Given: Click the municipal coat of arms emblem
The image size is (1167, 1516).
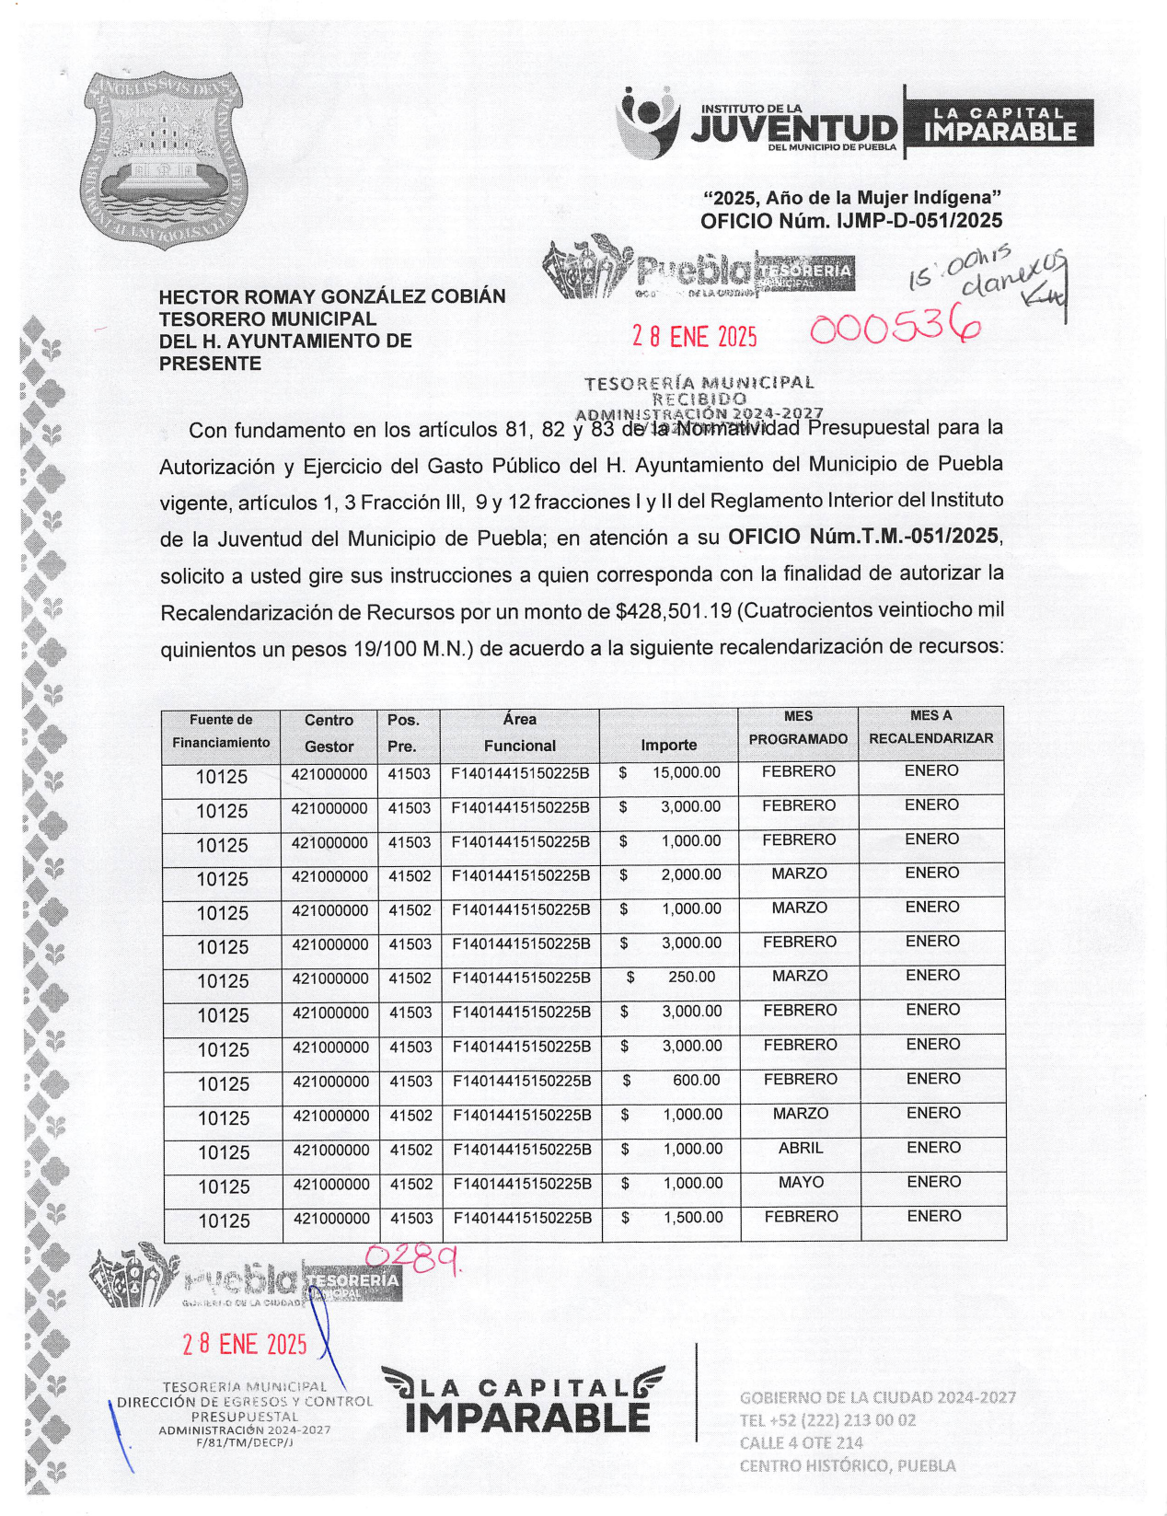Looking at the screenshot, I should tap(163, 158).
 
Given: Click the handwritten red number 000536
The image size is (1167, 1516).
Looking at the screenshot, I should tap(894, 327).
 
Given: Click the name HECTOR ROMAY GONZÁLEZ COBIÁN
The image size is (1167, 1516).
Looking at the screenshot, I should tap(332, 296).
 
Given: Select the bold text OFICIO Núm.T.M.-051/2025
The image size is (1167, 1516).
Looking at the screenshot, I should tap(862, 537).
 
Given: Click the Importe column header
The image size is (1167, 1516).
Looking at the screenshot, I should tap(668, 745).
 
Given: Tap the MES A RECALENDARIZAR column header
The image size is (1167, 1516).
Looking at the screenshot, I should tap(930, 727).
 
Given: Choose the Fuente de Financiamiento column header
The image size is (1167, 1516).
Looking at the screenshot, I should tap(221, 732).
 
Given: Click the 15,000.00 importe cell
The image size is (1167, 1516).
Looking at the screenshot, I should tap(686, 773).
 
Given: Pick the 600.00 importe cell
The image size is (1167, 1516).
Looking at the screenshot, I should tap(696, 1081).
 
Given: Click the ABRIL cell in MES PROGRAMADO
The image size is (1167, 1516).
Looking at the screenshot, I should tap(800, 1149).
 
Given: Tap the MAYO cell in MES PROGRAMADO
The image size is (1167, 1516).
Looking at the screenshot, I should tap(800, 1183).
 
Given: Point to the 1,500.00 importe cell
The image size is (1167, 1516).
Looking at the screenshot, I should tap(692, 1218).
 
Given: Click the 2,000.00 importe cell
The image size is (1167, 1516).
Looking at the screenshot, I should tap(690, 875).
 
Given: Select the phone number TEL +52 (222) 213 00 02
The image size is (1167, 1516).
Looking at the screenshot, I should tap(827, 1420).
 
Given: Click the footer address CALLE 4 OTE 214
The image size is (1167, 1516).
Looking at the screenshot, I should tap(801, 1443).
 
